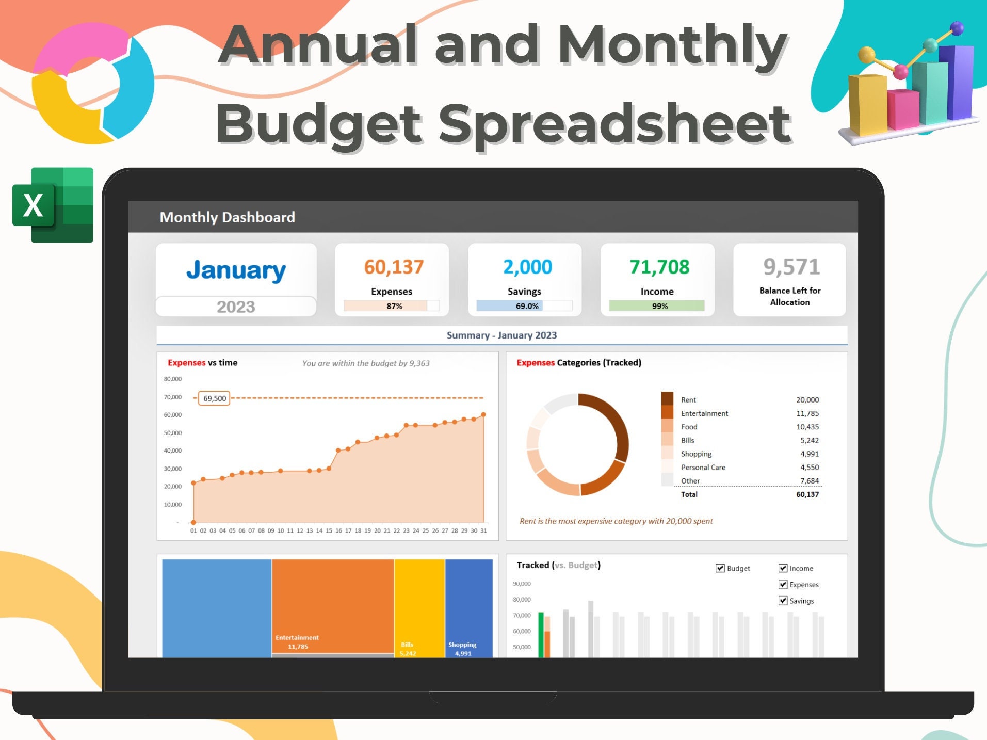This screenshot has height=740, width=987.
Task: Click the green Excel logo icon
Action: click(x=52, y=205)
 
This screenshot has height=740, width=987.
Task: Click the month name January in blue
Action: click(x=236, y=270)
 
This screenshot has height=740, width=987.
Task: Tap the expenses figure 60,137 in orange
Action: click(x=394, y=267)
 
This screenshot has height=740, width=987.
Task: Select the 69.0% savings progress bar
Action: click(x=524, y=306)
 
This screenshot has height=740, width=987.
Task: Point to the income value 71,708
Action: click(x=659, y=267)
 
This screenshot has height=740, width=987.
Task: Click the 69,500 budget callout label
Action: click(x=214, y=398)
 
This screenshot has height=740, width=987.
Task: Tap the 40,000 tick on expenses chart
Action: click(x=173, y=451)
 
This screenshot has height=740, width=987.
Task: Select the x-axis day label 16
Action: click(x=338, y=530)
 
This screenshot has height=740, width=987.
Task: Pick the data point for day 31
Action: click(x=483, y=414)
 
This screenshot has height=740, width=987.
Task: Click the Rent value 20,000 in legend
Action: click(x=807, y=400)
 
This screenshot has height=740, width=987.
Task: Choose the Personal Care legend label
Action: click(x=703, y=468)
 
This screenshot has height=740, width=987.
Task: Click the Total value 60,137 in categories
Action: click(x=807, y=494)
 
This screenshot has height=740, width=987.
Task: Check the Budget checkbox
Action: click(x=720, y=568)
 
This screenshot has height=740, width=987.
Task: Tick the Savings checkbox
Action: click(x=783, y=601)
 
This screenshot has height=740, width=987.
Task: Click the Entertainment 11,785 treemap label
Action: click(x=297, y=642)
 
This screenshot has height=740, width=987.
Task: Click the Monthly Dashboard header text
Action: click(x=227, y=217)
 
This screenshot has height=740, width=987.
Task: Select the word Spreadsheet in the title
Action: click(x=614, y=124)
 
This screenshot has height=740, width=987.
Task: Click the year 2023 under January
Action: click(x=236, y=307)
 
